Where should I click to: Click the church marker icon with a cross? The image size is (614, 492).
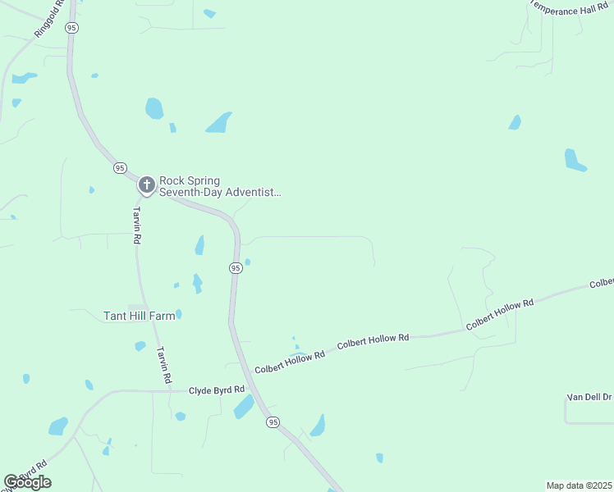tap(146, 185)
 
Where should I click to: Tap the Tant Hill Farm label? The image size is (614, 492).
tap(140, 315)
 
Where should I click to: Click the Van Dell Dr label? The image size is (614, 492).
tap(589, 397)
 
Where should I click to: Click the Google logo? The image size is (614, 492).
tap(27, 482)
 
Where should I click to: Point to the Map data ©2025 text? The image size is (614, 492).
tap(579, 485)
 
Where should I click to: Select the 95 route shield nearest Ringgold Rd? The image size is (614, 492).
tap(72, 28)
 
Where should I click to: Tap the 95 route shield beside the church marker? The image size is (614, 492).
tap(120, 167)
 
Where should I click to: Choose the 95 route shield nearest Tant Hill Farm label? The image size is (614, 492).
tap(236, 268)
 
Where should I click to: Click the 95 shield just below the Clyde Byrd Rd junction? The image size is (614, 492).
tap(273, 421)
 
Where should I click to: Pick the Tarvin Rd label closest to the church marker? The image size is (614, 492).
tap(137, 225)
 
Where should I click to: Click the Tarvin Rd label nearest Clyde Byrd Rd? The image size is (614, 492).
tap(164, 365)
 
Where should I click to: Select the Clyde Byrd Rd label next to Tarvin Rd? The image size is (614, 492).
tap(217, 390)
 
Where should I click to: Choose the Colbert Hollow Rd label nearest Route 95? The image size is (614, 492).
tap(289, 362)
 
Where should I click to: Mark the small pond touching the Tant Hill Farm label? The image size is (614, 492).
tap(178, 314)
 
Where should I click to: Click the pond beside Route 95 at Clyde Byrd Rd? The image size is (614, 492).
tap(244, 407)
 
